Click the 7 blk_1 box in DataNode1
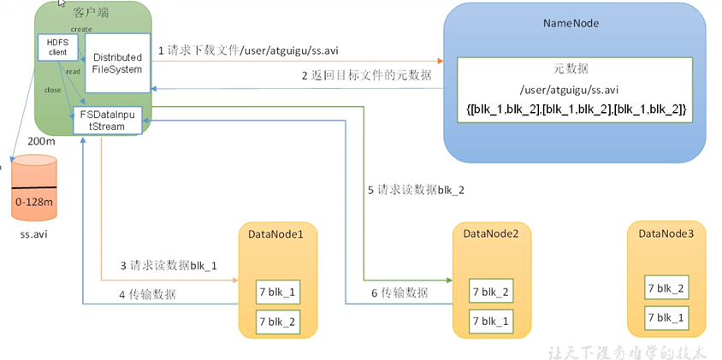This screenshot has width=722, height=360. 278,292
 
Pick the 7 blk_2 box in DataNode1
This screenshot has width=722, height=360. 278,321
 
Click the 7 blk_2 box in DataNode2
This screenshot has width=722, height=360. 491,292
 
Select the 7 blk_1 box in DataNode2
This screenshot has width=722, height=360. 491,321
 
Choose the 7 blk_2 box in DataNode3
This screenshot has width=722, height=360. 667,289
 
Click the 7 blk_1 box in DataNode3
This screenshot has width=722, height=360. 667,317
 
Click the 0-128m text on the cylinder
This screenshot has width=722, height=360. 33,201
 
